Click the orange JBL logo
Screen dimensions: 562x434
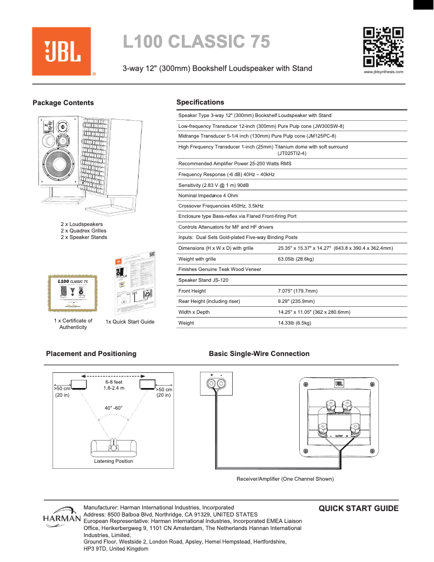click(61, 51)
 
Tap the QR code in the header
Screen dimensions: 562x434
click(383, 47)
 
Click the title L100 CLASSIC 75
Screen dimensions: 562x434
click(196, 42)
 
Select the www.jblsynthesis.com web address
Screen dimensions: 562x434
click(383, 72)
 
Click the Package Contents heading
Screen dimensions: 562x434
click(63, 103)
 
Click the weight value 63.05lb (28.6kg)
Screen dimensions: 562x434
click(295, 259)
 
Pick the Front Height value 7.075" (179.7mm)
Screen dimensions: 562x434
click(297, 291)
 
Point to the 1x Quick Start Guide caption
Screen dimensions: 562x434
click(130, 322)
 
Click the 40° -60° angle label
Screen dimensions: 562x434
click(114, 408)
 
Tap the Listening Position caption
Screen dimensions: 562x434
click(113, 461)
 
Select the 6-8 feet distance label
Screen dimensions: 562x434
click(114, 382)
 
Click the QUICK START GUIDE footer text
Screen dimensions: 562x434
click(358, 509)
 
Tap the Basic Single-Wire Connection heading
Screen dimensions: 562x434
click(259, 354)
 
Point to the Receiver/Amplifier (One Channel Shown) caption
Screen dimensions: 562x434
click(285, 479)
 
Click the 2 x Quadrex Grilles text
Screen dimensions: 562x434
click(83, 231)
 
